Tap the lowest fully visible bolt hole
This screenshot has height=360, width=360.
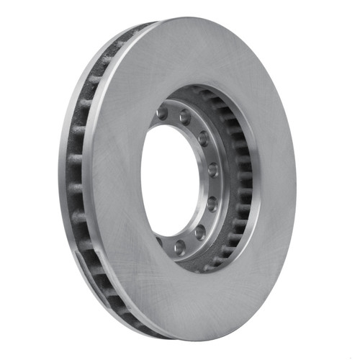[x=180, y=247]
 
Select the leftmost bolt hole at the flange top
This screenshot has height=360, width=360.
[x=163, y=114]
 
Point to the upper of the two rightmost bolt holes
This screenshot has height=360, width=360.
[x=213, y=170]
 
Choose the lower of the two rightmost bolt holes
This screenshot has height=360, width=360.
[x=212, y=203]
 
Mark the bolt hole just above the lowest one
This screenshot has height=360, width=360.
[x=199, y=231]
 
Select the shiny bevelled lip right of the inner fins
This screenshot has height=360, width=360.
[x=253, y=180]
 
